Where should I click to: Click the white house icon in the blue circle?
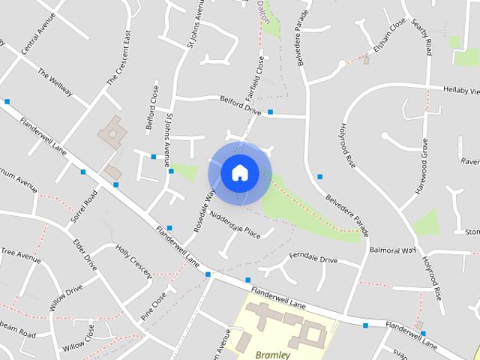(239, 172)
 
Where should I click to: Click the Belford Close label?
(154, 109)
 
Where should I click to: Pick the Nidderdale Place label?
(235, 225)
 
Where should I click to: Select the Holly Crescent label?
(133, 260)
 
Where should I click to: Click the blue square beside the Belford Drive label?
(270, 112)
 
